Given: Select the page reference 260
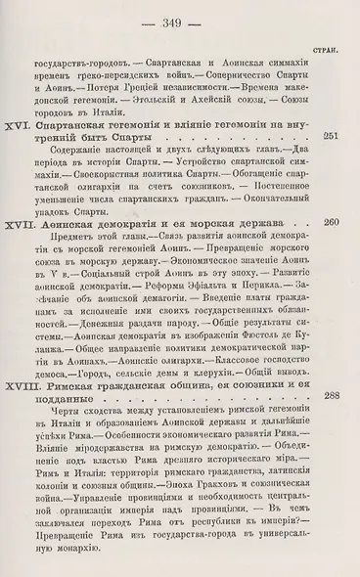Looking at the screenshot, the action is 330,223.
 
